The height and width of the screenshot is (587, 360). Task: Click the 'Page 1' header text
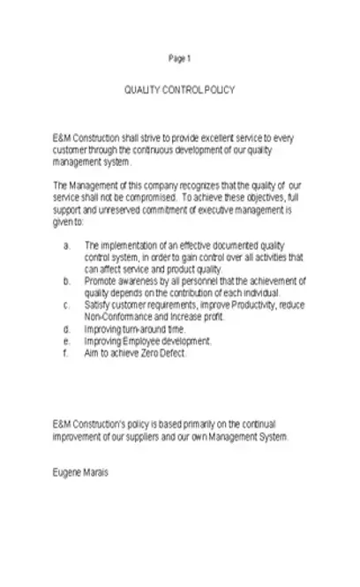[179, 58]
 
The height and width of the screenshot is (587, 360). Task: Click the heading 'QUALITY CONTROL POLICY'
[180, 91]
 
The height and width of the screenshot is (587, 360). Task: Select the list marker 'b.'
[67, 281]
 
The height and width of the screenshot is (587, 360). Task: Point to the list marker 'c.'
[67, 305]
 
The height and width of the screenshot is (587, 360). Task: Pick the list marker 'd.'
[67, 328]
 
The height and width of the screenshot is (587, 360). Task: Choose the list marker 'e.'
[67, 340]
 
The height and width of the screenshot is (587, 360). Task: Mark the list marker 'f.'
[66, 352]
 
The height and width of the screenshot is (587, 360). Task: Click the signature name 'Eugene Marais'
[79, 472]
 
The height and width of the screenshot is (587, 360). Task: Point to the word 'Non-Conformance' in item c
[115, 316]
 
